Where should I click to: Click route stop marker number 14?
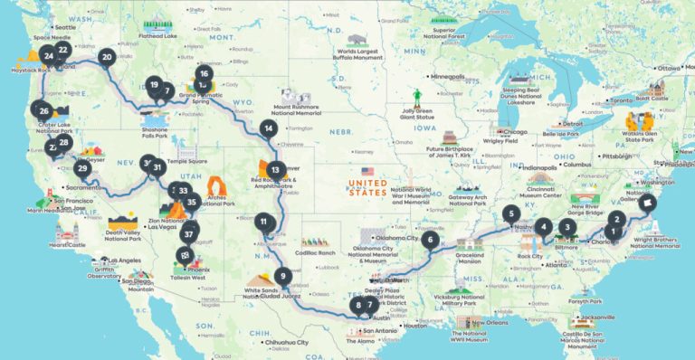(268, 128)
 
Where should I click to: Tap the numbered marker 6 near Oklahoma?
(430, 241)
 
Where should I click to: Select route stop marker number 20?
(107, 57)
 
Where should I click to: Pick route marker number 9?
(283, 277)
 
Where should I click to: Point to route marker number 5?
(511, 214)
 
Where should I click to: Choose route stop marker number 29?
(82, 168)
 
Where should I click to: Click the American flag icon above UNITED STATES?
(367, 170)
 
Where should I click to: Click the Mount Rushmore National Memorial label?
(300, 112)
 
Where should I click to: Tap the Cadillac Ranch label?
(314, 252)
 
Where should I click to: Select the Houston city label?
(415, 326)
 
